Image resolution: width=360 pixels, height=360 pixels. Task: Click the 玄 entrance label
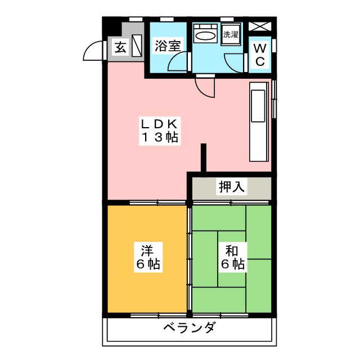coord(120,47)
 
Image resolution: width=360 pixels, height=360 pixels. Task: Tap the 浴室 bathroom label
coord(167,45)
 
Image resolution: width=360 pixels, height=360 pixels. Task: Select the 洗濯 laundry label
coord(231,34)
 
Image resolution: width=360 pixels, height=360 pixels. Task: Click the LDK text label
coord(160,123)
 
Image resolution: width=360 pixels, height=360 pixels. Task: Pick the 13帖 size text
coord(160,137)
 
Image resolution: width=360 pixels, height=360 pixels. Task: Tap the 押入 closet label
coord(231,187)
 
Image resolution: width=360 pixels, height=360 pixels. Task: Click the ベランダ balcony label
coord(189,328)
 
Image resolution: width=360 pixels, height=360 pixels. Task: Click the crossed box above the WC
coord(259,26)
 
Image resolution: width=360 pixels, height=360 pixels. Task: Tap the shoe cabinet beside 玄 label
coord(138,48)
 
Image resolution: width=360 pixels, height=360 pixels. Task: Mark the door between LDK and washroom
coord(205,87)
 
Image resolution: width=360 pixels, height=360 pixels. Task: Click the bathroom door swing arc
coord(176,64)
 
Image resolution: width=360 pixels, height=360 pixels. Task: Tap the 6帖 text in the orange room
coord(147,264)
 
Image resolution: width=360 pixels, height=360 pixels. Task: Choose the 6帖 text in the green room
coord(231,264)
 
